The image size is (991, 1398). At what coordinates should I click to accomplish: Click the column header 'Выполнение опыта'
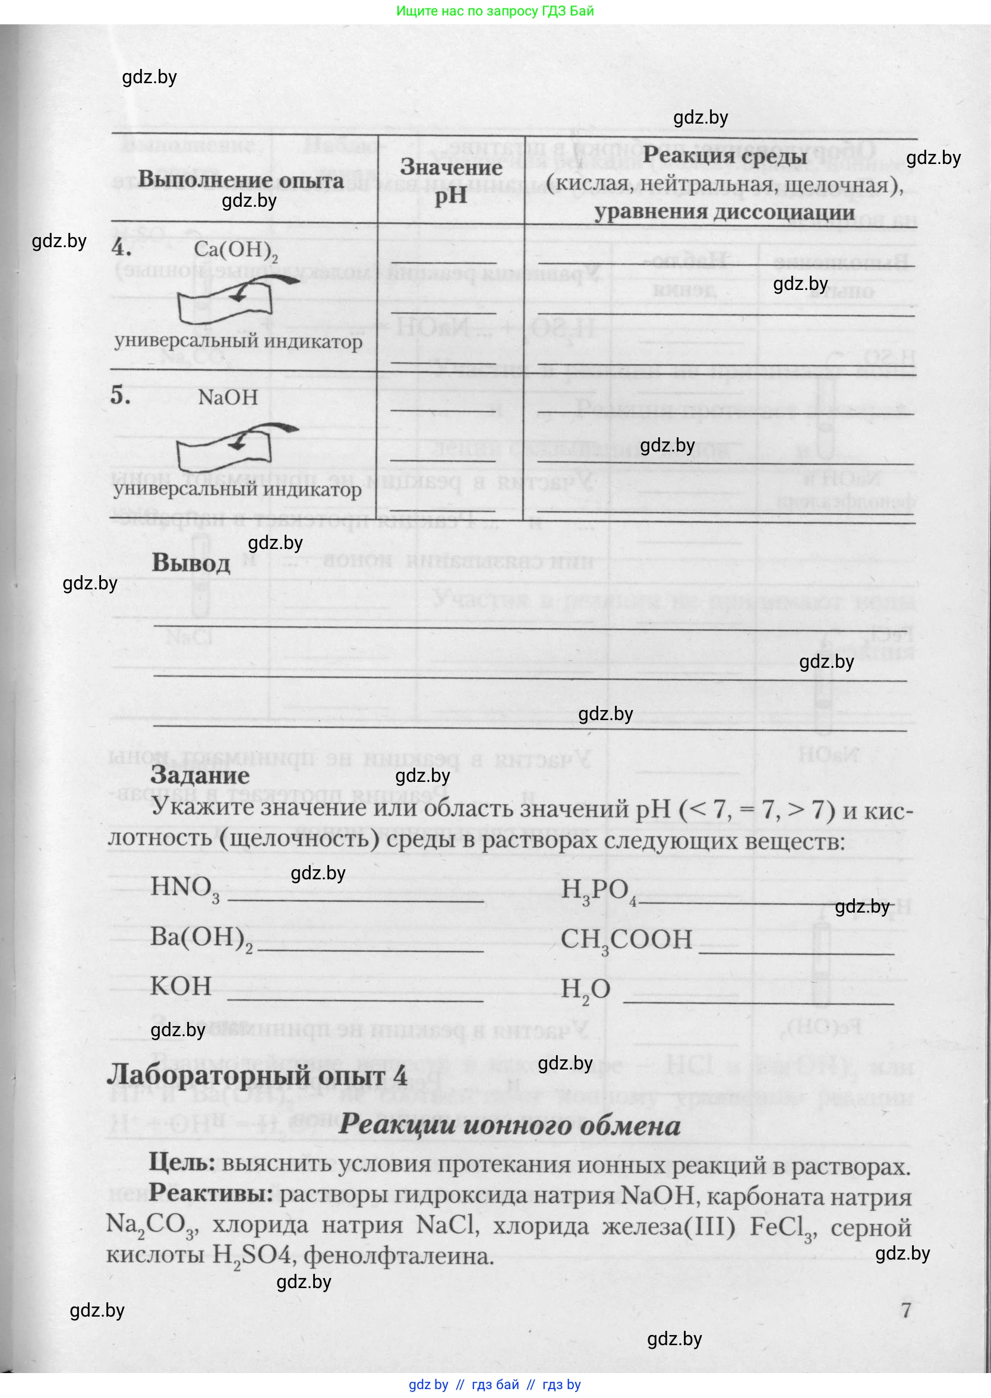(241, 180)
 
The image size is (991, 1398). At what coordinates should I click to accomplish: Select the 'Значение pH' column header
(451, 181)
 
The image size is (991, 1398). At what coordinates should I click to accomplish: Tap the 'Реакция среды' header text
(725, 156)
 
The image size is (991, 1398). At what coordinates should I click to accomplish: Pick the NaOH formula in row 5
(228, 398)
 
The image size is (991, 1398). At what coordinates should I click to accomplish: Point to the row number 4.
(121, 248)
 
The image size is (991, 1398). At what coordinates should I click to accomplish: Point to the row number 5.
(121, 397)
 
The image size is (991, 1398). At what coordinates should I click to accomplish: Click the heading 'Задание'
(200, 775)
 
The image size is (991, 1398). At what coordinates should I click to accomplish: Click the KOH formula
(181, 987)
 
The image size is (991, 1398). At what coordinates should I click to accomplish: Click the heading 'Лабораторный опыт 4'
(257, 1076)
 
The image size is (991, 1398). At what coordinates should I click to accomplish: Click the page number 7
(905, 1310)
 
